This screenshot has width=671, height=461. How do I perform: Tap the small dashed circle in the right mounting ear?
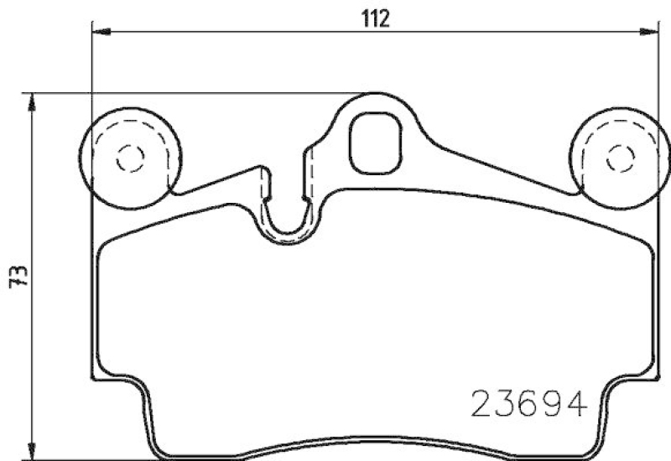pyautogui.click(x=621, y=157)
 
